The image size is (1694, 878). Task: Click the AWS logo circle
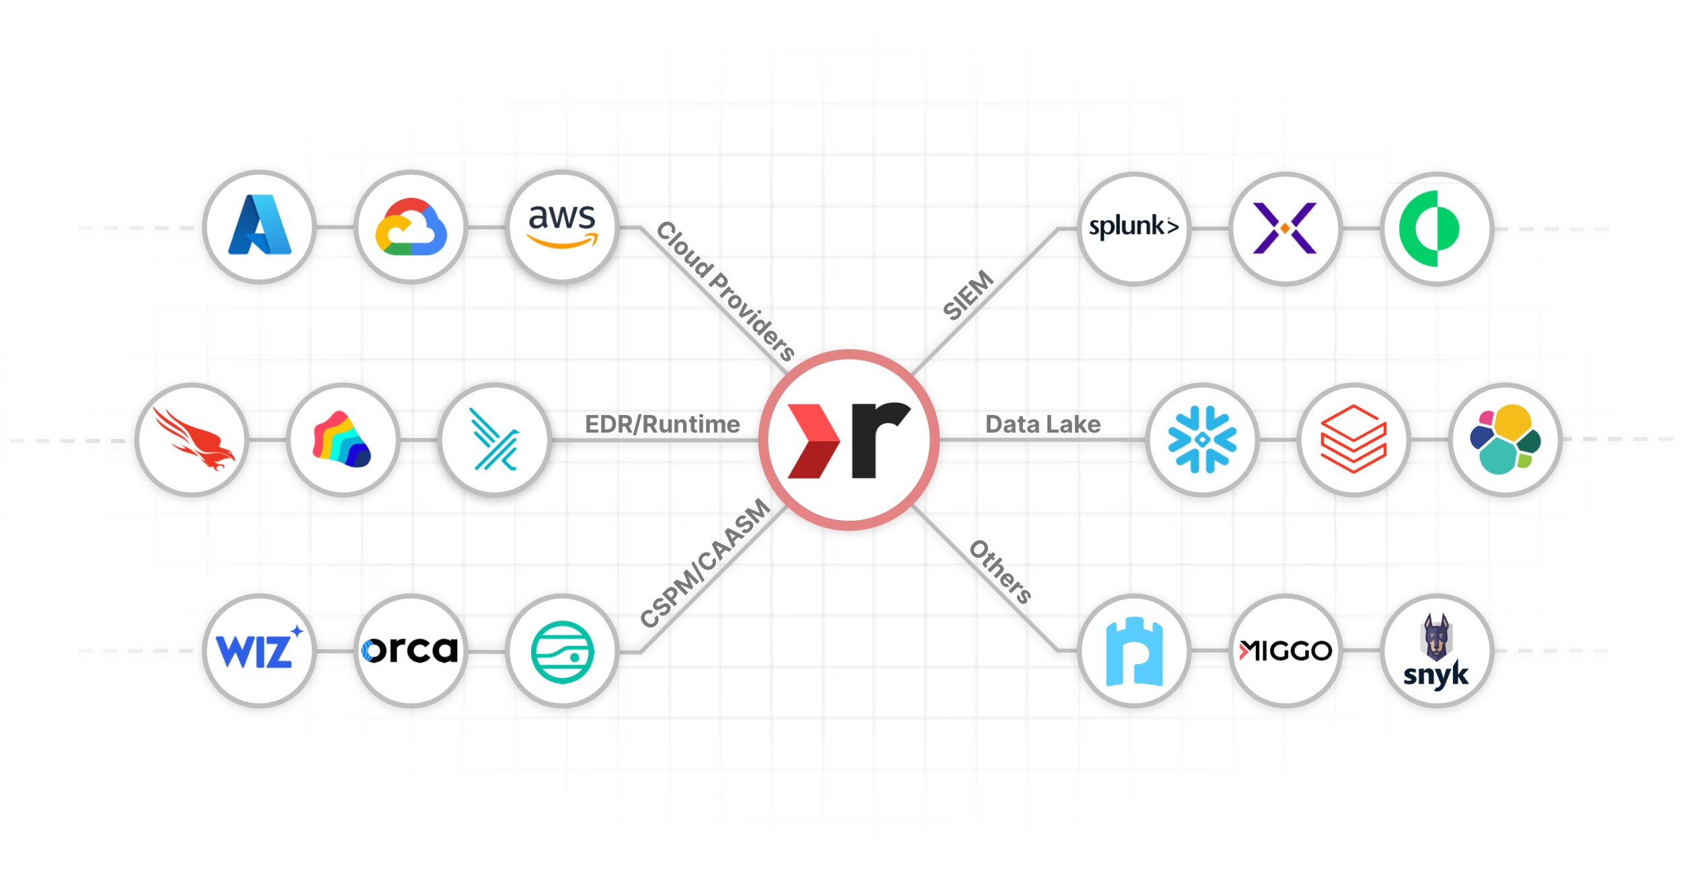click(x=562, y=227)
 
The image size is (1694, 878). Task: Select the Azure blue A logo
click(x=260, y=227)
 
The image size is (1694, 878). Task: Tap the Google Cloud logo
click(x=411, y=227)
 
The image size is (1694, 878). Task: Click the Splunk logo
click(x=1134, y=228)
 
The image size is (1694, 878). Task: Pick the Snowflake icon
click(x=1202, y=439)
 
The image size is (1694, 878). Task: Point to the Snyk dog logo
click(x=1436, y=651)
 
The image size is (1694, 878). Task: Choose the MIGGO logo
click(x=1285, y=651)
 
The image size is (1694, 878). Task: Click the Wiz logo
click(x=260, y=651)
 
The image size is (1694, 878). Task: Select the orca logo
click(x=411, y=651)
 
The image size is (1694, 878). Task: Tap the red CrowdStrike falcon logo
click(x=192, y=439)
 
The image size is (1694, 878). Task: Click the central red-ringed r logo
click(x=849, y=439)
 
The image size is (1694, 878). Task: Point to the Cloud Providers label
click(x=725, y=291)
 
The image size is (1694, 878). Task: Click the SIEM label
click(x=968, y=295)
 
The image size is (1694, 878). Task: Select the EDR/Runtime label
click(x=662, y=425)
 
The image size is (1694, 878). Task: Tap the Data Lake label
click(x=1043, y=425)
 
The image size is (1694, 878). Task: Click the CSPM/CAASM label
click(x=705, y=563)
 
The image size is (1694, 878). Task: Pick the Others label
click(x=1000, y=572)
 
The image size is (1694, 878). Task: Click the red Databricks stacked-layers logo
click(x=1353, y=439)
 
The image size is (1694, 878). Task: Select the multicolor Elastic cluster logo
click(x=1505, y=439)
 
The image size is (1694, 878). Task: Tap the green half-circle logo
click(x=1436, y=228)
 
